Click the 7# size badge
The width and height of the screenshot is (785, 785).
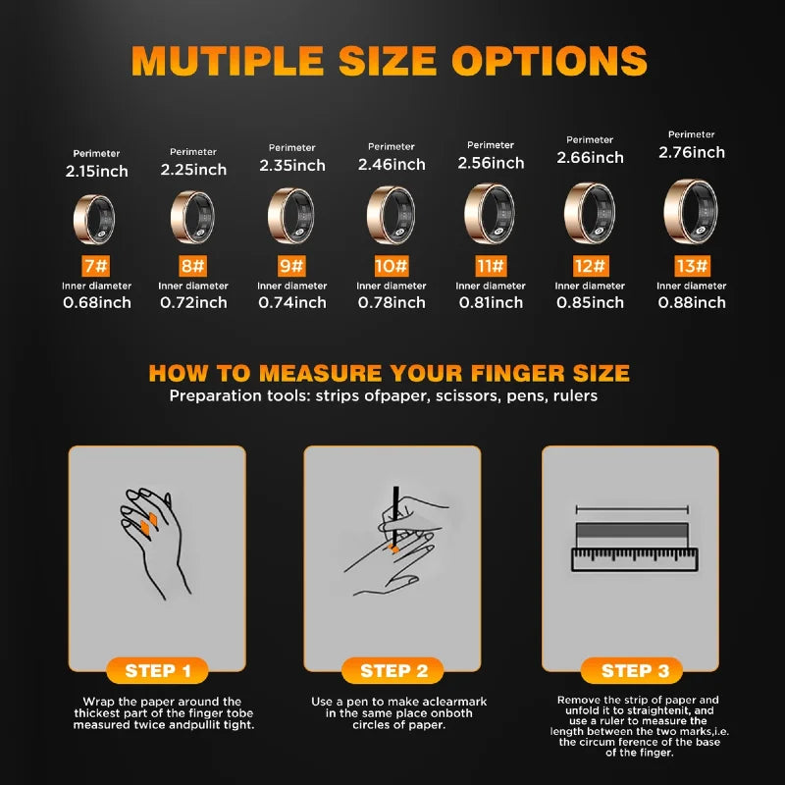pyautogui.click(x=95, y=266)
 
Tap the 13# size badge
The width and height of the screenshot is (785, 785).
pyautogui.click(x=692, y=266)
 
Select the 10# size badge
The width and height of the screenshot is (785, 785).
pyautogui.click(x=392, y=266)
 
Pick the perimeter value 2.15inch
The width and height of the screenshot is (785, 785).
pyautogui.click(x=96, y=172)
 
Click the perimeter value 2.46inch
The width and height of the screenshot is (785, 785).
pyautogui.click(x=392, y=165)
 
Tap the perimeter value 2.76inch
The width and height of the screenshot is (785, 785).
pyautogui.click(x=692, y=153)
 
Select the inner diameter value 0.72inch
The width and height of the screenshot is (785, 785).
pyautogui.click(x=193, y=302)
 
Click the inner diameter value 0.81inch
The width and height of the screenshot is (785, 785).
pyautogui.click(x=491, y=302)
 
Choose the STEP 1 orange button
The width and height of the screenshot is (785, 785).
pyautogui.click(x=157, y=670)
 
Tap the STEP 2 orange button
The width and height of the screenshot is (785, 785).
pyautogui.click(x=393, y=670)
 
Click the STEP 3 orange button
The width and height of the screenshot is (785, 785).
pyautogui.click(x=632, y=670)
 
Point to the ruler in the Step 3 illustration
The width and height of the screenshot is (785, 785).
pyautogui.click(x=635, y=559)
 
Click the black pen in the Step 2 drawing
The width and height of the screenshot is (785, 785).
pyautogui.click(x=395, y=517)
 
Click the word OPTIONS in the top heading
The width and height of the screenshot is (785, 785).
pyautogui.click(x=549, y=61)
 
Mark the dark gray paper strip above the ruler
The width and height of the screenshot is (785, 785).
pyautogui.click(x=632, y=531)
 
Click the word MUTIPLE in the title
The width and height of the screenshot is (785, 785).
pyautogui.click(x=228, y=61)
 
